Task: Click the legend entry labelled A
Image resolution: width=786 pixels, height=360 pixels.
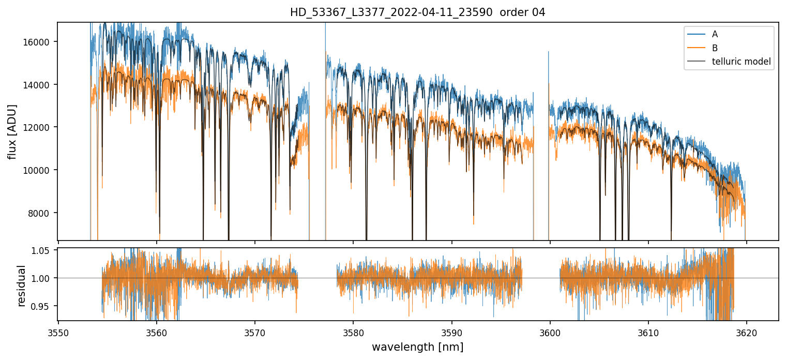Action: pos(715,34)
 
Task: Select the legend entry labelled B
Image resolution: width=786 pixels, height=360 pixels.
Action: pos(715,48)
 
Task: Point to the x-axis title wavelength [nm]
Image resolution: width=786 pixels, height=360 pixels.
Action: pos(417,347)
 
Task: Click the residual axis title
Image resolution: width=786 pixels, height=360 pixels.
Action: pos(21,286)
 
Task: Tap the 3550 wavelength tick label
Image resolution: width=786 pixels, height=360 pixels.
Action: pos(58,332)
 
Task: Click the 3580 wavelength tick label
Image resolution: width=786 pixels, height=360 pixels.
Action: pos(353,332)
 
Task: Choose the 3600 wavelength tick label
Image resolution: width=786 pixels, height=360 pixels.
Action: pos(550,332)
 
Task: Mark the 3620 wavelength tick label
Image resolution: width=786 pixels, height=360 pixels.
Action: pos(747,332)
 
